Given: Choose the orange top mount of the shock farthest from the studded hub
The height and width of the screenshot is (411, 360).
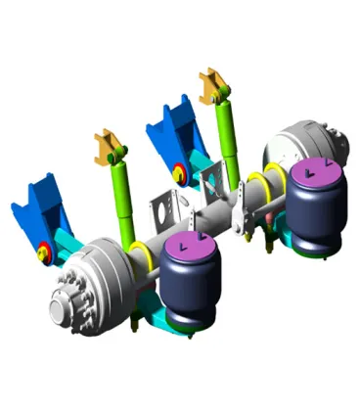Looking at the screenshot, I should coord(213,86).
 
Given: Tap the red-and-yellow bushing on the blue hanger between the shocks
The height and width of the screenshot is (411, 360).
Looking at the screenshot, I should coord(180,176).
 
